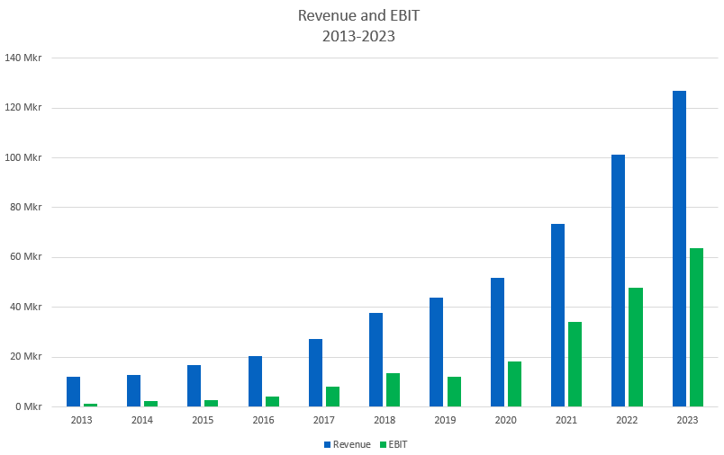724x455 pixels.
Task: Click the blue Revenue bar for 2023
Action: [679, 248]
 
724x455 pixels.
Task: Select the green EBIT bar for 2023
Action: [696, 327]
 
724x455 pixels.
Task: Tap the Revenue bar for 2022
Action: [618, 281]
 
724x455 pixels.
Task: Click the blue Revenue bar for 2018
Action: [376, 360]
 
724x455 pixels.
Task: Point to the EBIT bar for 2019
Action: [454, 392]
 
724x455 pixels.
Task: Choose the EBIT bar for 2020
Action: [514, 384]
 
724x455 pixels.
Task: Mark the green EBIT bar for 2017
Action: [333, 397]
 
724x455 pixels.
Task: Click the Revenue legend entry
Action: [347, 444]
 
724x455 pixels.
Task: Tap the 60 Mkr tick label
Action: [26, 257]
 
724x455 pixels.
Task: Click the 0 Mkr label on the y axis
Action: [29, 406]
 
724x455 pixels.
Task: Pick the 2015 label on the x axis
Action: [202, 420]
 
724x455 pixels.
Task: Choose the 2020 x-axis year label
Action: [505, 420]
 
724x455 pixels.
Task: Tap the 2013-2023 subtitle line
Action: [359, 37]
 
